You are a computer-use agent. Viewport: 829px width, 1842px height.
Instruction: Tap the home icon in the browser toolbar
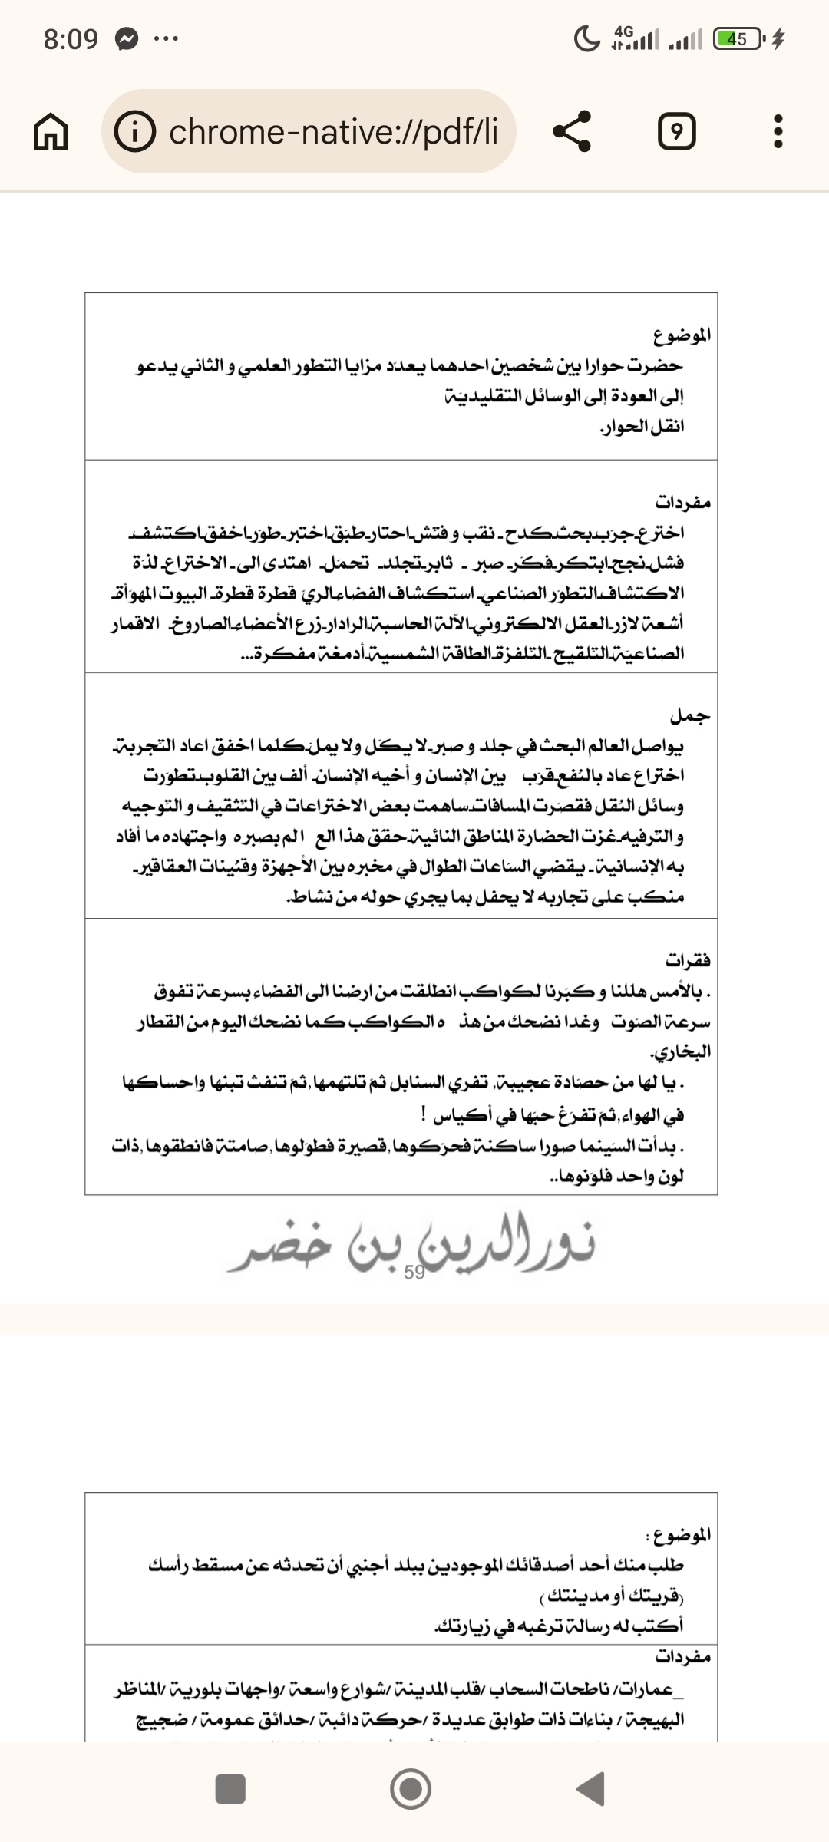51,132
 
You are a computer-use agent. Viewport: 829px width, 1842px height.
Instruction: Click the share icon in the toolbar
573,131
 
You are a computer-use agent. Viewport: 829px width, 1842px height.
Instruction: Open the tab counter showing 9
676,132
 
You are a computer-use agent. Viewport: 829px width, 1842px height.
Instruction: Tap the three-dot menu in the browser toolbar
778,132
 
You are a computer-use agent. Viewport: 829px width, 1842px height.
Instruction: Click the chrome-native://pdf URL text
333,132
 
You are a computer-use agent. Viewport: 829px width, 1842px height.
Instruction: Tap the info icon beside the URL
135,132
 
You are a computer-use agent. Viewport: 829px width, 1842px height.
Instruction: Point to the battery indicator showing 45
738,38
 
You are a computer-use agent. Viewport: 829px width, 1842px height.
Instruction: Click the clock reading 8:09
71,39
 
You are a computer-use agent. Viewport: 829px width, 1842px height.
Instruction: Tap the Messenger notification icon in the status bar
127,39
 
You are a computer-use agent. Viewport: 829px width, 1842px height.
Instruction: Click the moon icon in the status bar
587,38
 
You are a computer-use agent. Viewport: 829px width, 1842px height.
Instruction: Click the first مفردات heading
682,503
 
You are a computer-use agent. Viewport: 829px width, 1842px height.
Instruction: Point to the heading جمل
690,716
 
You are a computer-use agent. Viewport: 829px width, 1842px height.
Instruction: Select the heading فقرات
688,961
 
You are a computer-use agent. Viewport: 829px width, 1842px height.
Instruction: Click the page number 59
414,1273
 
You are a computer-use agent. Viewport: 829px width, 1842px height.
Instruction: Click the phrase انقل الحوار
642,427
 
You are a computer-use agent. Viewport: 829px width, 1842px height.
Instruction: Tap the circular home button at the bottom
411,1789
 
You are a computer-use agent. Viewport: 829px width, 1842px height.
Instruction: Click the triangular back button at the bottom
591,1789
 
